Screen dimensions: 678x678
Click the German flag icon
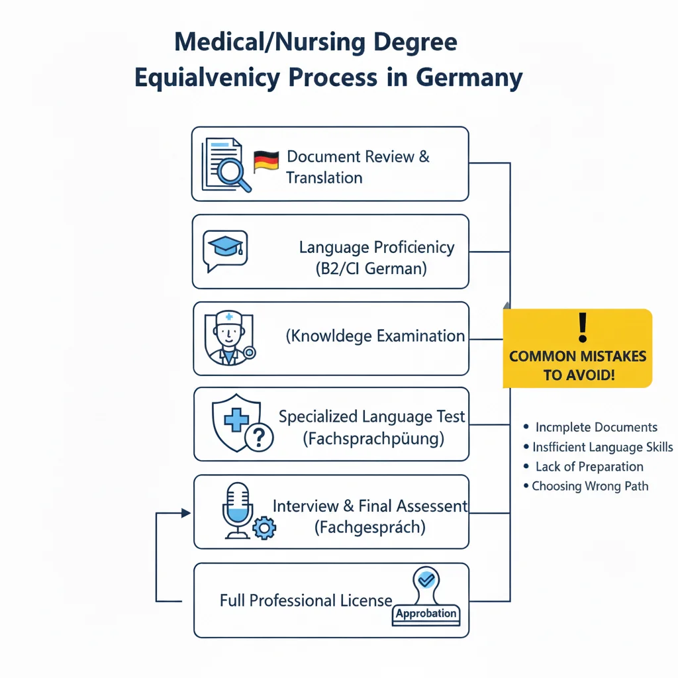(266, 162)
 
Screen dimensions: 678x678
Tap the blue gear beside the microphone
(265, 527)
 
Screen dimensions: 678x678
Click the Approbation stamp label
(426, 613)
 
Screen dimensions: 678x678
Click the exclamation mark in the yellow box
(583, 327)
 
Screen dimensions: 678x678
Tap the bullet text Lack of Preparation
(589, 467)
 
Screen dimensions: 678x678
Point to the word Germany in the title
(469, 77)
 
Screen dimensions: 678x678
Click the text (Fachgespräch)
(369, 528)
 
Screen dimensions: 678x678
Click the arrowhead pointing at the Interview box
(186, 512)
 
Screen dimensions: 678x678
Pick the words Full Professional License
(306, 601)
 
